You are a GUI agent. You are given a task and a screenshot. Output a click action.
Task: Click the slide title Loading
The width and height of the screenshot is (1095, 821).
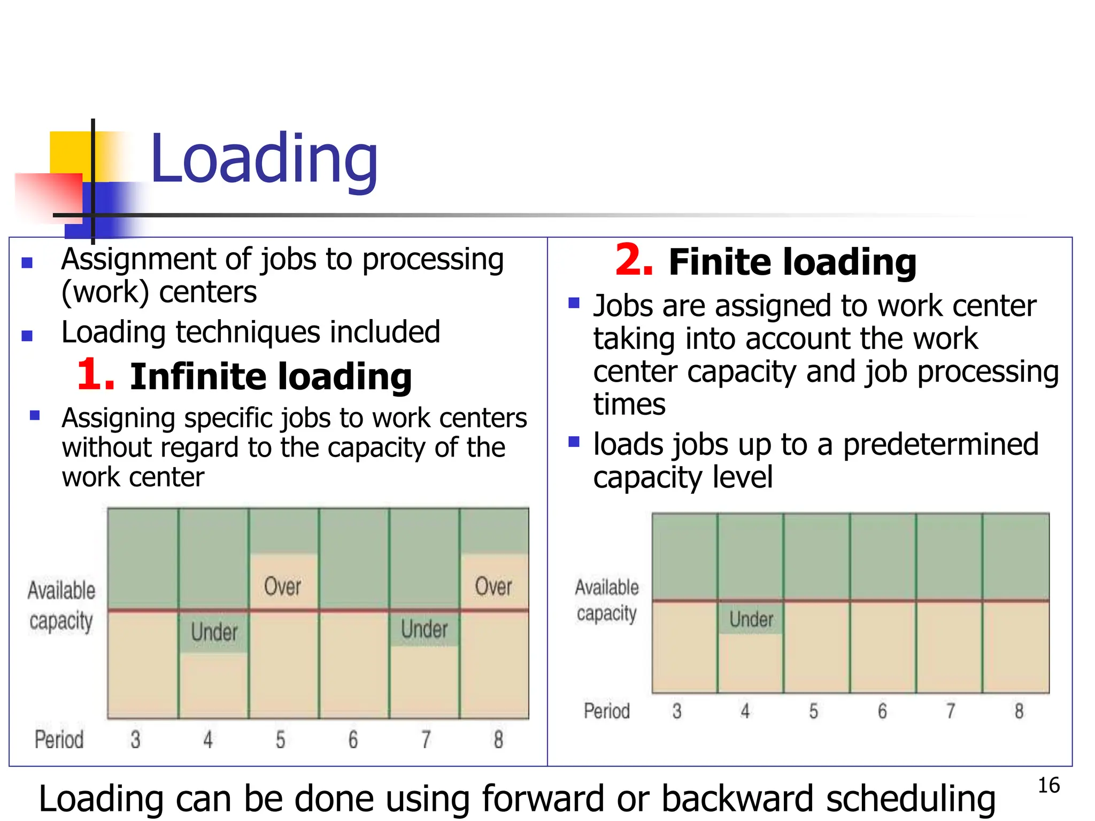(264, 159)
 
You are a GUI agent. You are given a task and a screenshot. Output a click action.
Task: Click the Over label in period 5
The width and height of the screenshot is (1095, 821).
(282, 586)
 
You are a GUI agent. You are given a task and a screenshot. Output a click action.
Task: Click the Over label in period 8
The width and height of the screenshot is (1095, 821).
(493, 586)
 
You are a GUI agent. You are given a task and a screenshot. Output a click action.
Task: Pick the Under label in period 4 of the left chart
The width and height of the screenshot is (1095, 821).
(214, 632)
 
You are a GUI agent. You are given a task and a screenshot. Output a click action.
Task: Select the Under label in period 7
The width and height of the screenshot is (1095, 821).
(424, 629)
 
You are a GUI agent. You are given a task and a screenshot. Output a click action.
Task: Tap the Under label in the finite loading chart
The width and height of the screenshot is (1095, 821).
(751, 619)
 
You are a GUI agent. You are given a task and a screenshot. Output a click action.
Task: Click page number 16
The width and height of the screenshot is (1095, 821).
(1048, 786)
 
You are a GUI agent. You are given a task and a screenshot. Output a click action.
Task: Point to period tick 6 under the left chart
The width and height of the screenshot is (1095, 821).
(353, 740)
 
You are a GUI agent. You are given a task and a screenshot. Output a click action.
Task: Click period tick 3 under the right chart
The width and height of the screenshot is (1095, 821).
(677, 711)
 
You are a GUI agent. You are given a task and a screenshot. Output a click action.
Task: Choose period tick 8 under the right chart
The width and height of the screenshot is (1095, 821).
(1019, 711)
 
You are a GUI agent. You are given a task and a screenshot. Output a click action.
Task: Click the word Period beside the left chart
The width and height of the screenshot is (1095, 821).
(59, 740)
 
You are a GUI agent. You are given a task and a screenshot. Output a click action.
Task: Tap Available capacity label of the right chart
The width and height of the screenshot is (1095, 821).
(607, 600)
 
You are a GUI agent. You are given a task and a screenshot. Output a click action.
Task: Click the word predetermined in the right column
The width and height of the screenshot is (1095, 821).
(940, 445)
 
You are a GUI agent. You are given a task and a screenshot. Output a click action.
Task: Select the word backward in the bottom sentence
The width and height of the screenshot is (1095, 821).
(738, 799)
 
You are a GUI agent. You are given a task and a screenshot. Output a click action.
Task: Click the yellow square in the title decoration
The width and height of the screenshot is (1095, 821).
(70, 152)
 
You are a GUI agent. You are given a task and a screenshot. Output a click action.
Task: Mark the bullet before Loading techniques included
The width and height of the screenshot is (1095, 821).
(27, 336)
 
